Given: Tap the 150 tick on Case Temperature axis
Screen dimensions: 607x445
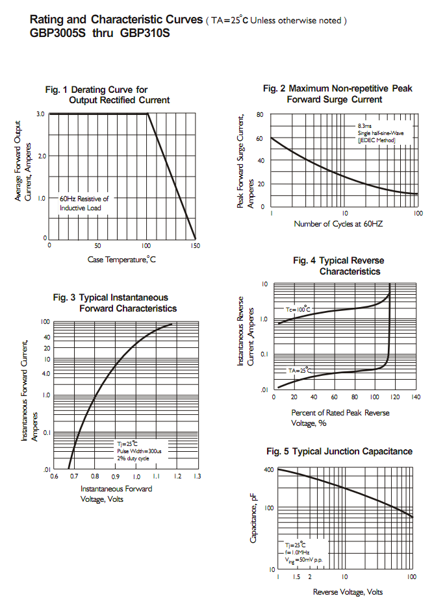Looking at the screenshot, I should pos(194,246).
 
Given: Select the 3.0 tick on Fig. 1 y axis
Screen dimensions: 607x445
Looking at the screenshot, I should pos(41,114).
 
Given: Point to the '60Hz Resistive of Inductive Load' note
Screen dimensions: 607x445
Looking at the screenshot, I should pos(84,203).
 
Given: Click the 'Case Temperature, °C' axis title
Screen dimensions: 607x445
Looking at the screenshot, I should pos(122,260).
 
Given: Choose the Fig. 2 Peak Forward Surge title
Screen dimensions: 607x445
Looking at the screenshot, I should pos(338,94).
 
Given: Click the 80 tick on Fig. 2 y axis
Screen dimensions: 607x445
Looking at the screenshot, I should pos(260,115).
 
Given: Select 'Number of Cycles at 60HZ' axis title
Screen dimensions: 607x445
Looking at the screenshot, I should pos(338,224).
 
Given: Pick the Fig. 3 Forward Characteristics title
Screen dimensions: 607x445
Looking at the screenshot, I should pos(114,303).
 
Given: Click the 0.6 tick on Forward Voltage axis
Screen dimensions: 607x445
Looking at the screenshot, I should pos(55,477).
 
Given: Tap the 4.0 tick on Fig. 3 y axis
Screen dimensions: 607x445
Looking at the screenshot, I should pos(46,374).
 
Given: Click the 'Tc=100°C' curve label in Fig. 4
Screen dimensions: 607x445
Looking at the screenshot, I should pos(298,309).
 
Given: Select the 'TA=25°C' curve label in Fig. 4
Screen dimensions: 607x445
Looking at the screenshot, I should pos(300,370).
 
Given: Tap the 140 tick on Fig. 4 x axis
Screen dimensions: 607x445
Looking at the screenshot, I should pos(415,397).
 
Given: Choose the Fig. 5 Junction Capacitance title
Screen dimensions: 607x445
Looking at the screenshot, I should pos(339,451).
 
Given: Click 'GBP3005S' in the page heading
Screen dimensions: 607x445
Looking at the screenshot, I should pos(57,32).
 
